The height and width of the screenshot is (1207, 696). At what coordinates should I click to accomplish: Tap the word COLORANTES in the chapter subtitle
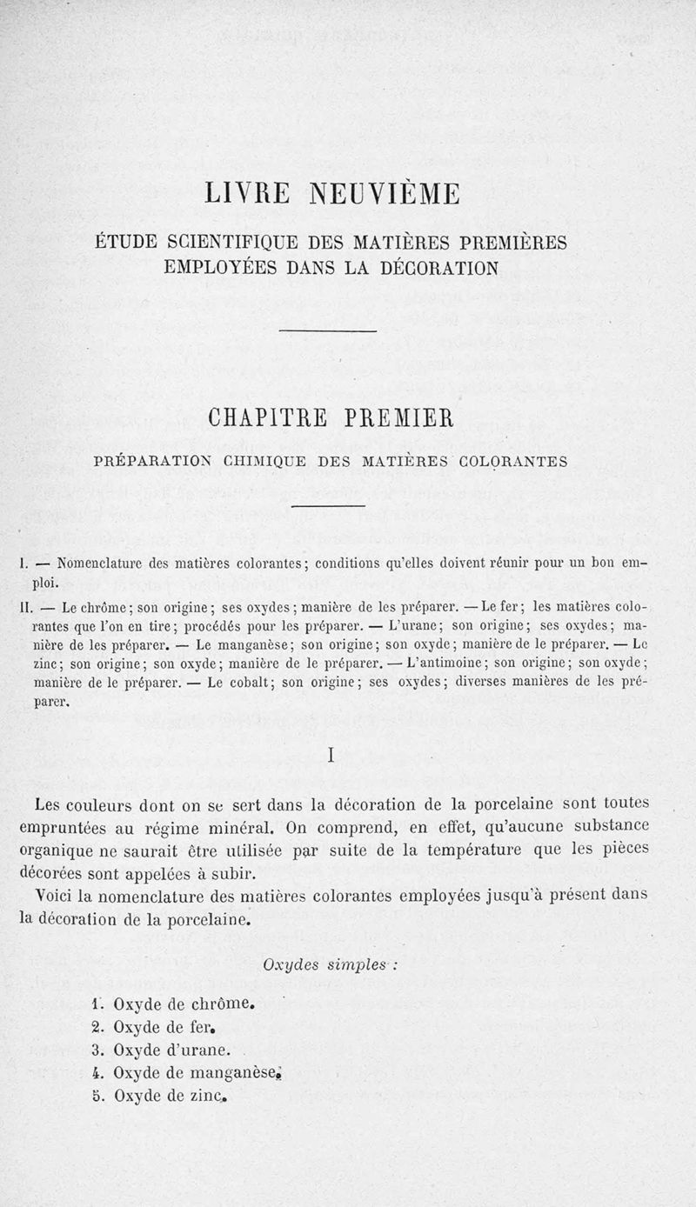(512, 462)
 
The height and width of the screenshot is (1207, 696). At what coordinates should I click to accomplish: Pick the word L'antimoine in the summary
(442, 664)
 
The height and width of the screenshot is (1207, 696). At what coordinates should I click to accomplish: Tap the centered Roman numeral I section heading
(332, 756)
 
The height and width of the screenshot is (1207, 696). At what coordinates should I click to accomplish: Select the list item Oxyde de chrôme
(182, 1004)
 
